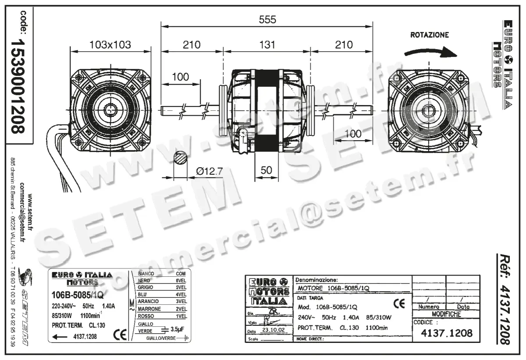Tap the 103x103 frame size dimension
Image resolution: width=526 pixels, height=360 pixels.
[110, 45]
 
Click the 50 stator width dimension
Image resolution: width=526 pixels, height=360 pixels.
[267, 171]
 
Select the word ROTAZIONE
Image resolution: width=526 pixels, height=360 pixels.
[429, 35]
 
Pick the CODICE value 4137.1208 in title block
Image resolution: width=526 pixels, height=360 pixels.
[446, 333]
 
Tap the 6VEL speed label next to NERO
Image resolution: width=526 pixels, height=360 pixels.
[181, 280]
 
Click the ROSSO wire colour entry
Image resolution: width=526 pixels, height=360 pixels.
[145, 316]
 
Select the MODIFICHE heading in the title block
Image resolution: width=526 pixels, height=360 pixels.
[446, 314]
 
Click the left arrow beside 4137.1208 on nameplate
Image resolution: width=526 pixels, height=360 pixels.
[60, 336]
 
